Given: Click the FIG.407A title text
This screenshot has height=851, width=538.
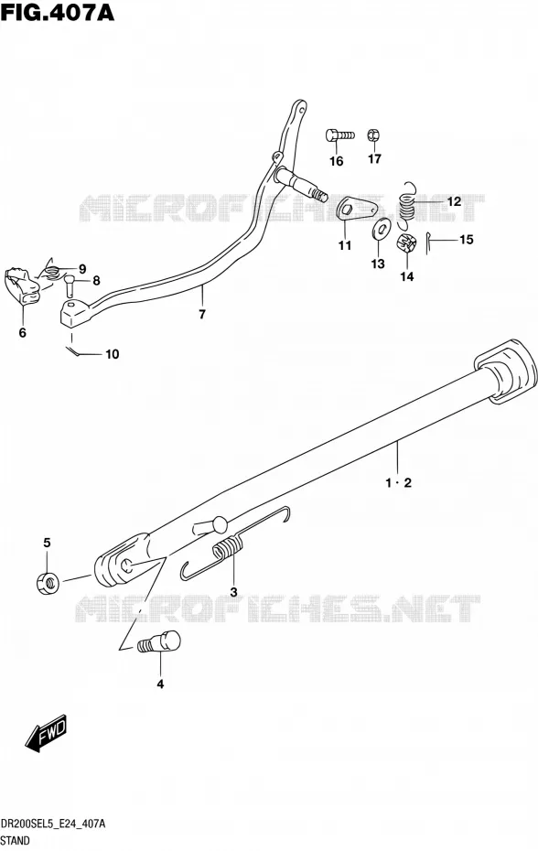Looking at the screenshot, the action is tap(58, 13).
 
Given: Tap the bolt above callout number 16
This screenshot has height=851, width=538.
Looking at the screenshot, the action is tap(339, 135).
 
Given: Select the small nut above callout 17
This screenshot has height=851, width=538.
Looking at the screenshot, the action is tap(374, 135).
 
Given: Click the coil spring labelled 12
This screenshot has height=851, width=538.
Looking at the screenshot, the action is tap(407, 204).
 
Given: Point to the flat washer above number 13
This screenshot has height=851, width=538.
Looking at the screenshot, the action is tap(382, 228).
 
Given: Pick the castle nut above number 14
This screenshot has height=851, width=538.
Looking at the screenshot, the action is tap(406, 244).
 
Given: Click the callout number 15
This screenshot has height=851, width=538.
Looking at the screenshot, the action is tap(467, 240).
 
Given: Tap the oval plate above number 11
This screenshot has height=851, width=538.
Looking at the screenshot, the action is tap(358, 208).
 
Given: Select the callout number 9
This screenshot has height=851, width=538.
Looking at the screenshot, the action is tap(82, 269).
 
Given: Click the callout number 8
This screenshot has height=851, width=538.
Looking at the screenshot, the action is tap(96, 281).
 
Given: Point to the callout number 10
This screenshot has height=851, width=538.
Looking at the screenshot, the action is tap(112, 354).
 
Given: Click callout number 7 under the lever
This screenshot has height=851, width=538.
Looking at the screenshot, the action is tap(202, 314).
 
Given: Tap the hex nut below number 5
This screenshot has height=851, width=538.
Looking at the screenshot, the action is tap(48, 582).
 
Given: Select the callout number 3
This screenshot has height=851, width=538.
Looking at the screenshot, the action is tap(233, 591).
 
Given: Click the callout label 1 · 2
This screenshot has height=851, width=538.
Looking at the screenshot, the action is tap(399, 482).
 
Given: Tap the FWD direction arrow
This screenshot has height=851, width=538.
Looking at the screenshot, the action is tap(46, 733).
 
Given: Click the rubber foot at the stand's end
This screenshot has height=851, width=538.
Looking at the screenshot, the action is tap(506, 372).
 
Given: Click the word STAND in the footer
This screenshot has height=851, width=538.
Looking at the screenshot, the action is tap(16, 841).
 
